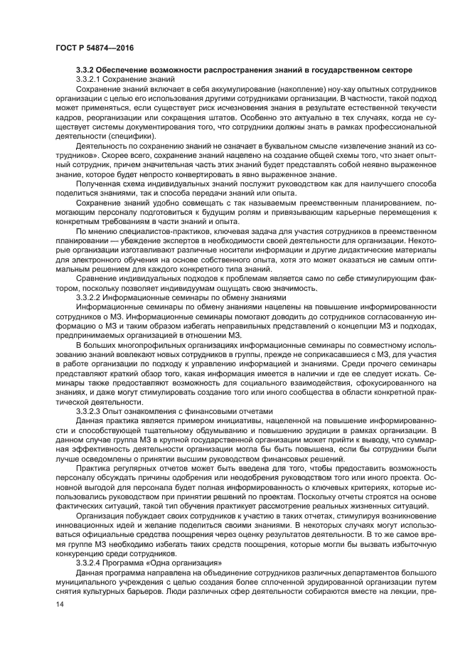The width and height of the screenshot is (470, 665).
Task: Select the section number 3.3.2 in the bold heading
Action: (87, 69)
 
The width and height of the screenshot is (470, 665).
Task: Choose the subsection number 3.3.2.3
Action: (91, 410)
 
